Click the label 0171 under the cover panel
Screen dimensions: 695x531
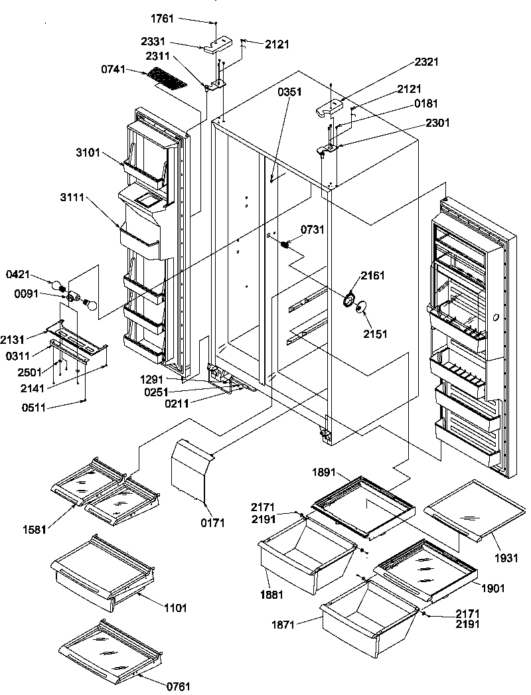[213, 523]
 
